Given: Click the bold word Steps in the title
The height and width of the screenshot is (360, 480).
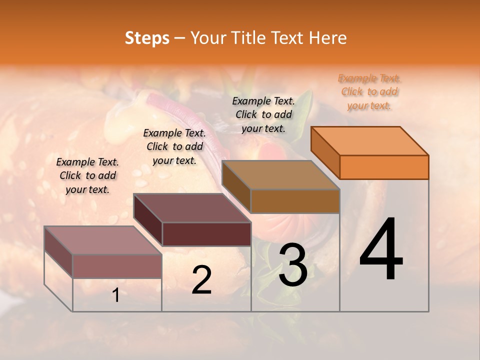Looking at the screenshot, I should point(147,38).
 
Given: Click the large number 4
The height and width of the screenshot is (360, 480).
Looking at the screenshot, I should point(381,249).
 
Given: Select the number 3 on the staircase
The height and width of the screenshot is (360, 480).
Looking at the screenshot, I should point(293,265).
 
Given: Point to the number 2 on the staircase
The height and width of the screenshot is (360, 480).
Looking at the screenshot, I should point(201,280).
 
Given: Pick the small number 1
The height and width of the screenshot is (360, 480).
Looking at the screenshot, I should point(116,295).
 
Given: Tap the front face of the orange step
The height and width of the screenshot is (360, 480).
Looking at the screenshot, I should point(384,167).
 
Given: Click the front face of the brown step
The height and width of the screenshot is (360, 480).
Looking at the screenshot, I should point(295,201).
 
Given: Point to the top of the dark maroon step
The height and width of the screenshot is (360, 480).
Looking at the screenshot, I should point(192,208).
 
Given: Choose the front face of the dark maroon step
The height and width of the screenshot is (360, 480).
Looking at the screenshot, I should point(206,234).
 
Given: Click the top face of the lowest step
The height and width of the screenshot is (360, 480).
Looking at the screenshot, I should point(103,240).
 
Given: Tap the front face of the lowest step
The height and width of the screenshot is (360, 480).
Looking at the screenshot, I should point(117,266).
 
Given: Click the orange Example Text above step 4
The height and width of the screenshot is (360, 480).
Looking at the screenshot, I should point(369,91).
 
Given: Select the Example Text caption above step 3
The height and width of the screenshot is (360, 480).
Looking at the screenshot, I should point(263,114).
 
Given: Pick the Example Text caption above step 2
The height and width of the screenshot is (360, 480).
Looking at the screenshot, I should point(174,146).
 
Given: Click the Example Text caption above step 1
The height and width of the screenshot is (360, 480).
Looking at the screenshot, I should point(87,175).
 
